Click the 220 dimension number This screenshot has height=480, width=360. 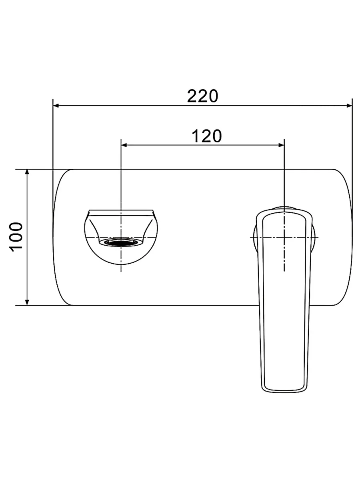tap(202, 96)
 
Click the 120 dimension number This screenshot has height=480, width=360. tap(206, 136)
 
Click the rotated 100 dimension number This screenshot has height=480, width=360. tap(16, 237)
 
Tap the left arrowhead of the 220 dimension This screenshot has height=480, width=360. tap(56, 106)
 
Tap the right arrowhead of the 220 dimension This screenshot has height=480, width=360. tap(349, 106)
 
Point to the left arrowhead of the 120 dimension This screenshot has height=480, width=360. tap(124, 145)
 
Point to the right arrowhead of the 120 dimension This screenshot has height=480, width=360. tap(281, 145)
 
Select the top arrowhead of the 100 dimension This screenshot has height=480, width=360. tap(27, 172)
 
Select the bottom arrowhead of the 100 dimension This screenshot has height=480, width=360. tap(27, 302)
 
